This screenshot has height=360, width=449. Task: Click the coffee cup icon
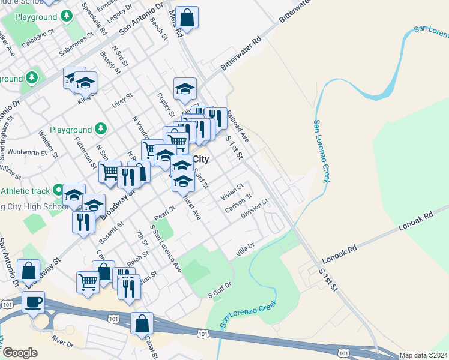click(33, 302)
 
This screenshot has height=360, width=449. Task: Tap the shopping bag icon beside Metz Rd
click(187, 17)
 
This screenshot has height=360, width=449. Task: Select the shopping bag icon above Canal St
click(142, 323)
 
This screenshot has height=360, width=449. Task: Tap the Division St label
click(254, 211)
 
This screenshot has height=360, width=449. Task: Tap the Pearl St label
click(164, 213)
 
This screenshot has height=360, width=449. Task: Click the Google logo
click(20, 353)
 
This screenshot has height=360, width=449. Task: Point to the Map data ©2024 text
click(423, 355)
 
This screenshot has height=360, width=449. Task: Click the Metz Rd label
click(175, 24)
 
